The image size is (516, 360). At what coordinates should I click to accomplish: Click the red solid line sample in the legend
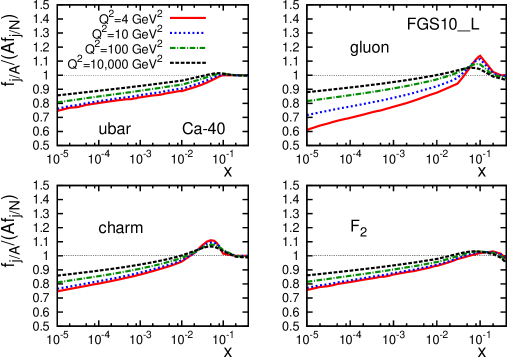(188, 17)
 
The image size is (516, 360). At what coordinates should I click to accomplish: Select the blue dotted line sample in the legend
(188, 32)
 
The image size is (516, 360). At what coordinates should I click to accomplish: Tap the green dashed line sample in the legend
(188, 47)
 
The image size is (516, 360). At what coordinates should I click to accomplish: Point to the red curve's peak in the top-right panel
(480, 56)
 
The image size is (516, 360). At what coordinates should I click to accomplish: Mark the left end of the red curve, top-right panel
(309, 129)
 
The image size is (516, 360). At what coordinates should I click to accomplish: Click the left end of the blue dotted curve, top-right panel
(309, 114)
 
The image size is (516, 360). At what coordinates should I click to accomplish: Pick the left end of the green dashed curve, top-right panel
(309, 100)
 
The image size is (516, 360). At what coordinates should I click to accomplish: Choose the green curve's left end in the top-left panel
(59, 101)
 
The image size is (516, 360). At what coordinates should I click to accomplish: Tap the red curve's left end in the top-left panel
(59, 110)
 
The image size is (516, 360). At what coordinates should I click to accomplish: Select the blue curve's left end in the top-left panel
(59, 107)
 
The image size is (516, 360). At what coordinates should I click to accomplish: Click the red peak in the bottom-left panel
(210, 241)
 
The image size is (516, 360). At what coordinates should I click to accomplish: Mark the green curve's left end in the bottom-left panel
(59, 282)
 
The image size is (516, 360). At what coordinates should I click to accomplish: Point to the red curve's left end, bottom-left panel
(59, 291)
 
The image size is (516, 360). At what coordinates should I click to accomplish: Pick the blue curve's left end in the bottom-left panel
(59, 288)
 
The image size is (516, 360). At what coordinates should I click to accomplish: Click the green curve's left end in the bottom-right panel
(309, 282)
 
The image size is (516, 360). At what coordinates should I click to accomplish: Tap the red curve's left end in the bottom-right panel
(309, 289)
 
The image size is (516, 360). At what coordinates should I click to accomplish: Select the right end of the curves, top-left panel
(245, 75)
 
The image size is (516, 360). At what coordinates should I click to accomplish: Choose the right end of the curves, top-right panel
(504, 76)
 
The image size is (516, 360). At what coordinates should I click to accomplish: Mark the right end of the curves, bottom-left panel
(246, 256)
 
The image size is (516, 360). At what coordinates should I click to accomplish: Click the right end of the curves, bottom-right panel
(504, 257)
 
